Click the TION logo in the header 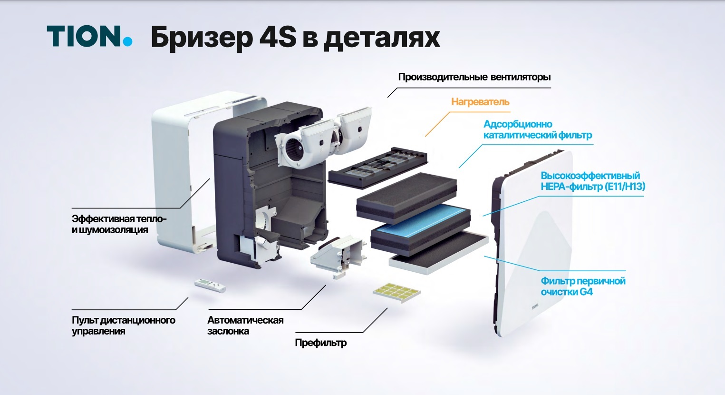89,36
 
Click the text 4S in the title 278,38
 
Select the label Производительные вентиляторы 474,77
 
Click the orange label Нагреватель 480,102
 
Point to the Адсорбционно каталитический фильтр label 538,129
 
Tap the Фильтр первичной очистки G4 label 583,286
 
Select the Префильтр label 321,343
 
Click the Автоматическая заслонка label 245,326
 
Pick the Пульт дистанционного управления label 123,326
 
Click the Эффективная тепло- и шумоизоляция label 119,224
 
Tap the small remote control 211,286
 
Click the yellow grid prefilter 397,292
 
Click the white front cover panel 534,243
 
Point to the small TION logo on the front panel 535,306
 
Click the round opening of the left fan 293,149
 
